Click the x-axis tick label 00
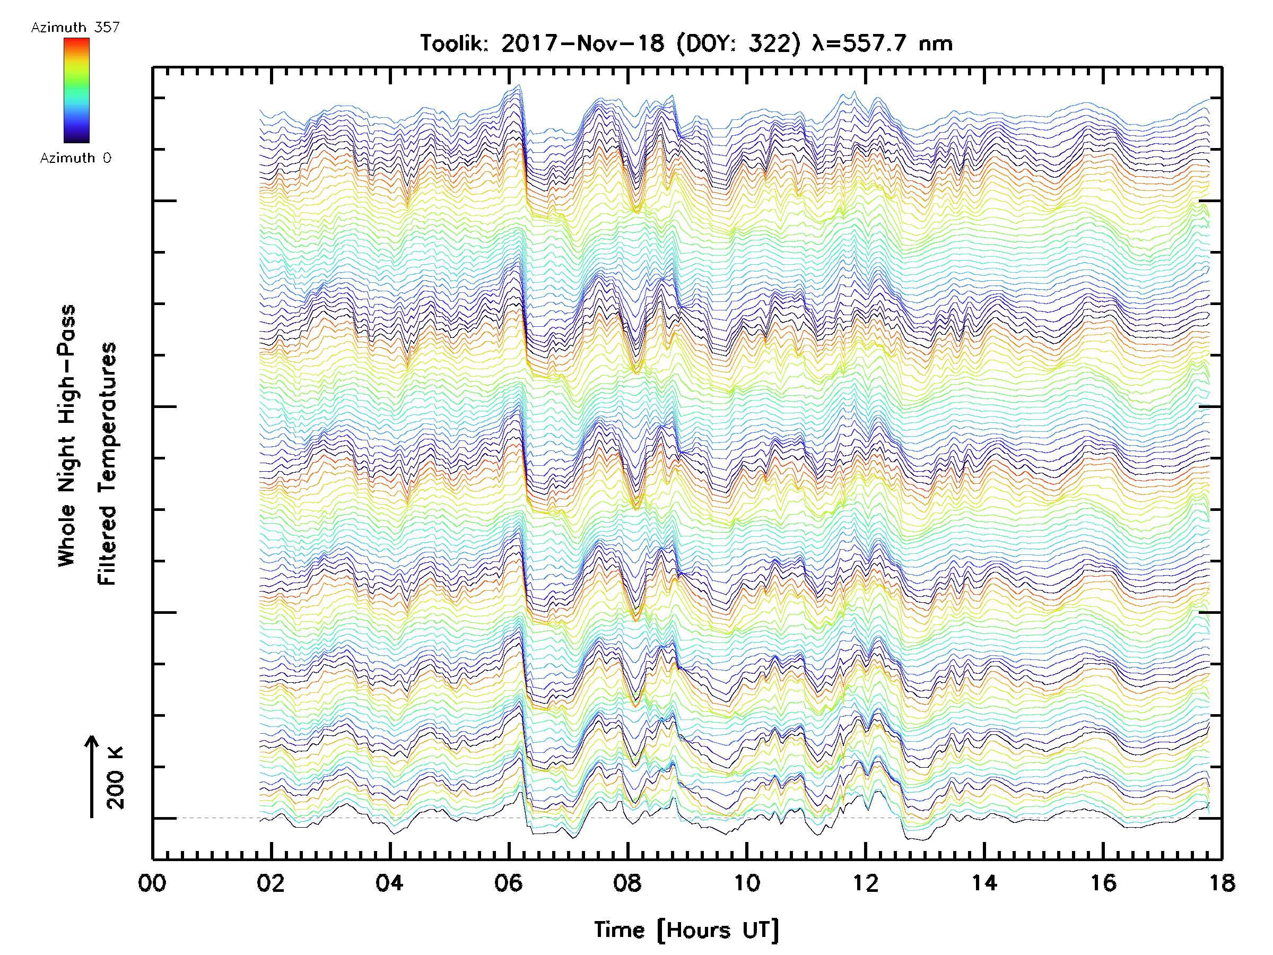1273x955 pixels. pos(152,882)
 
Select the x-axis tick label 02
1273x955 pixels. pos(271,882)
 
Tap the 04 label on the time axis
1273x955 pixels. pos(390,882)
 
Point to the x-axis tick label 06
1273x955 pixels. pos(508,882)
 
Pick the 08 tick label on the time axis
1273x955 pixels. pos(627,882)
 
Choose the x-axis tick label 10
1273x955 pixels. pos(746,882)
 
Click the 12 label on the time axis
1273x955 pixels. pos(865,882)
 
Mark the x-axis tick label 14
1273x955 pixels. pos(984,882)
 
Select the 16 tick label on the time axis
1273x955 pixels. pos(1103,882)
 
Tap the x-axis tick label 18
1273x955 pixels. pos(1221,882)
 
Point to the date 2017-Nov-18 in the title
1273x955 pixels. pos(582,44)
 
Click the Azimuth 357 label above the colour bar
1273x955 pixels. pos(75,27)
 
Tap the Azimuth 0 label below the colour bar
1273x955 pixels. pos(75,158)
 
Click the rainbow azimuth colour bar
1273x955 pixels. pos(76,90)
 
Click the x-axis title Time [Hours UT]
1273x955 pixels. pos(686,930)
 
